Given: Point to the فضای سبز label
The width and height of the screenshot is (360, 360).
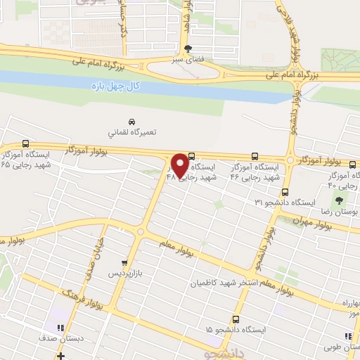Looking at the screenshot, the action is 187,60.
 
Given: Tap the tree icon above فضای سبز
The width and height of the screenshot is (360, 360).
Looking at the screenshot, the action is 187,49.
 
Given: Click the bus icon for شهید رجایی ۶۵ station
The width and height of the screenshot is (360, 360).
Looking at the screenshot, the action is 26,143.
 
